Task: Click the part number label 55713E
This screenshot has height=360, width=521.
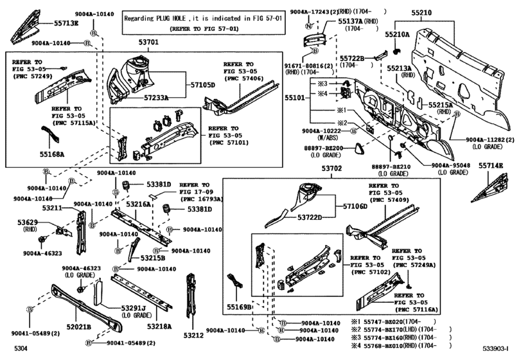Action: tap(66, 23)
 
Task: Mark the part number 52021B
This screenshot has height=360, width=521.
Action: tap(78, 327)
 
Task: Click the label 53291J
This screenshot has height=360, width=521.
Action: tap(134, 308)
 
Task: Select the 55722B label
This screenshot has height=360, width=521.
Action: tap(352, 59)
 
